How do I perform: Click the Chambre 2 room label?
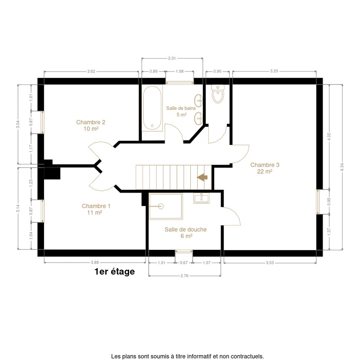pyautogui.click(x=91, y=126)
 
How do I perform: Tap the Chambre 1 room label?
pyautogui.click(x=96, y=209)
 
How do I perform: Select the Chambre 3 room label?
pyautogui.click(x=265, y=168)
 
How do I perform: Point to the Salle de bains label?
pyautogui.click(x=181, y=111)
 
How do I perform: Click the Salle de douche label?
pyautogui.click(x=185, y=233)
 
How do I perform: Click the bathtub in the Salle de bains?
pyautogui.click(x=152, y=108)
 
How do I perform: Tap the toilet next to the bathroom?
pyautogui.click(x=218, y=94)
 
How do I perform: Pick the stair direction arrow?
pyautogui.click(x=202, y=177)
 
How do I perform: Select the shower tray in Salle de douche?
pyautogui.click(x=166, y=207)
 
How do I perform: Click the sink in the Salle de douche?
pyautogui.click(x=201, y=198)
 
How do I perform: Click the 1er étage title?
pyautogui.click(x=115, y=271)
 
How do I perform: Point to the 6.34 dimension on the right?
pyautogui.click(x=342, y=167)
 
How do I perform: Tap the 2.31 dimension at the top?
pyautogui.click(x=172, y=58)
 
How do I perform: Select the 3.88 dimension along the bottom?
pyautogui.click(x=95, y=262)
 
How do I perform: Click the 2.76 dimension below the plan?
pyautogui.click(x=184, y=275)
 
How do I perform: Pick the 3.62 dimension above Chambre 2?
pyautogui.click(x=91, y=71)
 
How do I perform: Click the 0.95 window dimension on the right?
pyautogui.click(x=329, y=202)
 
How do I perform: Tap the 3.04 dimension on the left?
pyautogui.click(x=18, y=124)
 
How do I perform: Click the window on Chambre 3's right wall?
pyautogui.click(x=318, y=202)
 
